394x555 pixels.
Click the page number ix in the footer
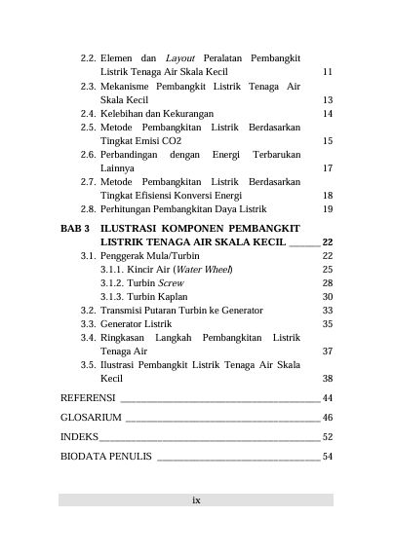(196, 499)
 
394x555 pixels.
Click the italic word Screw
(171, 282)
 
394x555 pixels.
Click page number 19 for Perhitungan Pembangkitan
(328, 208)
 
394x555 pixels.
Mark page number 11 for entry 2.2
(328, 72)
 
